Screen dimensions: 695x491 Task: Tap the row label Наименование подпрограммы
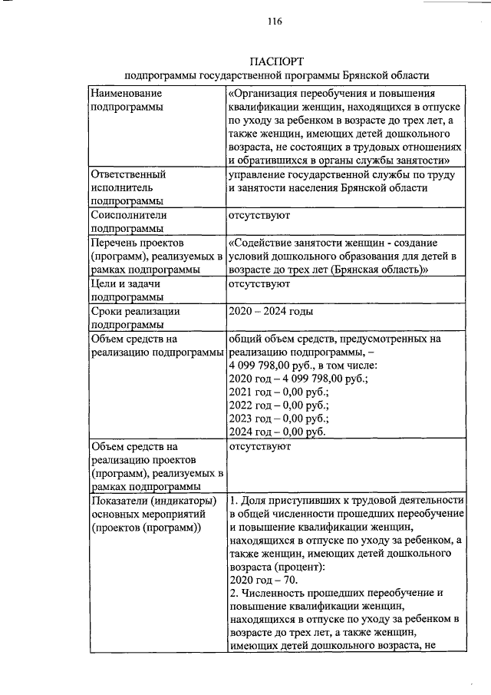click(x=127, y=100)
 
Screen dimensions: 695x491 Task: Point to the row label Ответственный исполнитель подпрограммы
click(x=127, y=187)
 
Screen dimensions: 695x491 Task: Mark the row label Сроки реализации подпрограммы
click(x=127, y=318)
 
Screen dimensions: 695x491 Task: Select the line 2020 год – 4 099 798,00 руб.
click(x=299, y=378)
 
